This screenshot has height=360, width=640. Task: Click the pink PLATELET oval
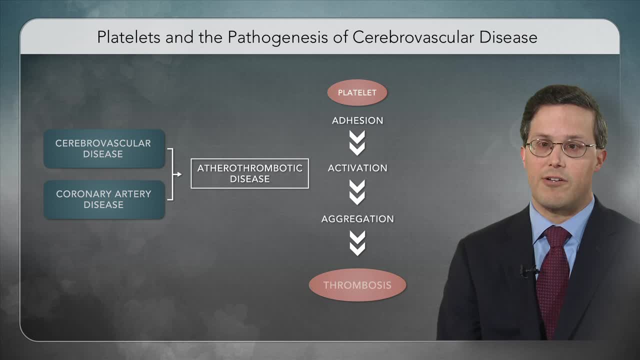click(357, 92)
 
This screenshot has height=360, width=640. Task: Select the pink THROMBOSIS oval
click(357, 285)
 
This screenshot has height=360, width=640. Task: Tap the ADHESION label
click(357, 120)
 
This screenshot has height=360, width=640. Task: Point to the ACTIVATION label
click(357, 168)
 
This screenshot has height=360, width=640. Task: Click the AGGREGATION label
click(357, 219)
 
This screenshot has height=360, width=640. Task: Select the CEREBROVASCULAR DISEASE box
click(103, 148)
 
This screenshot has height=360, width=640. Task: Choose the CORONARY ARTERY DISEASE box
click(103, 199)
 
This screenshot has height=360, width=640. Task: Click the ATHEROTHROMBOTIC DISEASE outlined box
click(249, 173)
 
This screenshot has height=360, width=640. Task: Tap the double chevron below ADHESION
click(357, 143)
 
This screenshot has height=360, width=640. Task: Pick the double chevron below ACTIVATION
click(357, 192)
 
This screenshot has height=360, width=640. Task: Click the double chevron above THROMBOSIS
click(357, 243)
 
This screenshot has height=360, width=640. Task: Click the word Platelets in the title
click(128, 37)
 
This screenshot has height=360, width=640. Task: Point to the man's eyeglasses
click(560, 148)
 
